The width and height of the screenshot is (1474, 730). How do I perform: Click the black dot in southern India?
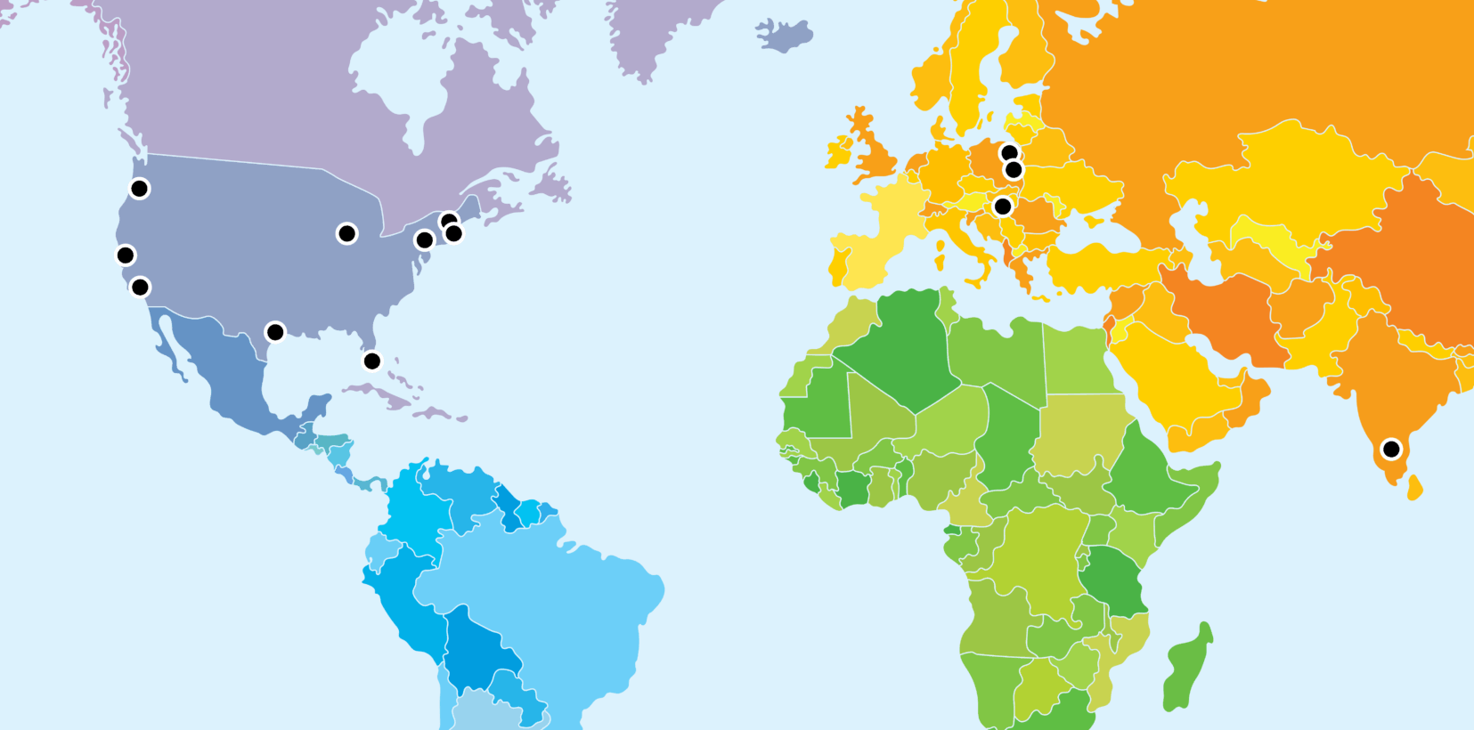click(1390, 450)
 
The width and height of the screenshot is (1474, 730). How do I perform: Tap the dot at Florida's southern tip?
click(372, 361)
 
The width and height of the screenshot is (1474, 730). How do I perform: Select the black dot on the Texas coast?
click(275, 332)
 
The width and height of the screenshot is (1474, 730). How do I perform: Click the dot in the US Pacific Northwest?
click(140, 188)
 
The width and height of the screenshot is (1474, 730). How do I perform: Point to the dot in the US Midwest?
click(346, 233)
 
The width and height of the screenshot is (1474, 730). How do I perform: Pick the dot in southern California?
click(140, 287)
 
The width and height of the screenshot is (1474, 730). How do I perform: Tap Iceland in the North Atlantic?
click(784, 36)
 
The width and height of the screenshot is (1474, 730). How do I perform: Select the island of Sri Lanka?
click(1414, 488)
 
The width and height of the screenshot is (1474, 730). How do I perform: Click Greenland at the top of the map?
click(659, 27)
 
